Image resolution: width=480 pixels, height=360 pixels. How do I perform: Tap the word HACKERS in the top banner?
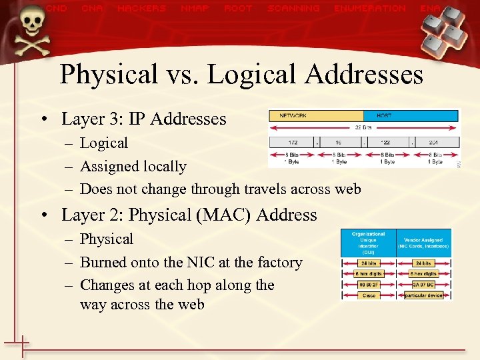tap(141, 9)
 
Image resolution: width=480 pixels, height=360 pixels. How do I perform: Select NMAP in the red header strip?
tap(195, 9)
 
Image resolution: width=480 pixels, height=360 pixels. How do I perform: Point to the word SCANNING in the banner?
tap(293, 9)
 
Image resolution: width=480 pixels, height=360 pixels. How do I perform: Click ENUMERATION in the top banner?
tap(370, 9)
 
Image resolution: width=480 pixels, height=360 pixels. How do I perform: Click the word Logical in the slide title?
tap(253, 74)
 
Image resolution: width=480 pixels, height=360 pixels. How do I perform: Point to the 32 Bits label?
tap(363, 127)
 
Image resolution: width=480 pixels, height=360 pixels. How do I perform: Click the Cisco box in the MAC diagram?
tap(368, 295)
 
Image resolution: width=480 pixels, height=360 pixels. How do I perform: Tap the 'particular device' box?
tap(423, 295)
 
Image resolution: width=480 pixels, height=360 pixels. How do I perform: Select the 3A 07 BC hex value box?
tap(423, 284)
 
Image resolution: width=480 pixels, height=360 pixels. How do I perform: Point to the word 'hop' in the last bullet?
tap(194, 285)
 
